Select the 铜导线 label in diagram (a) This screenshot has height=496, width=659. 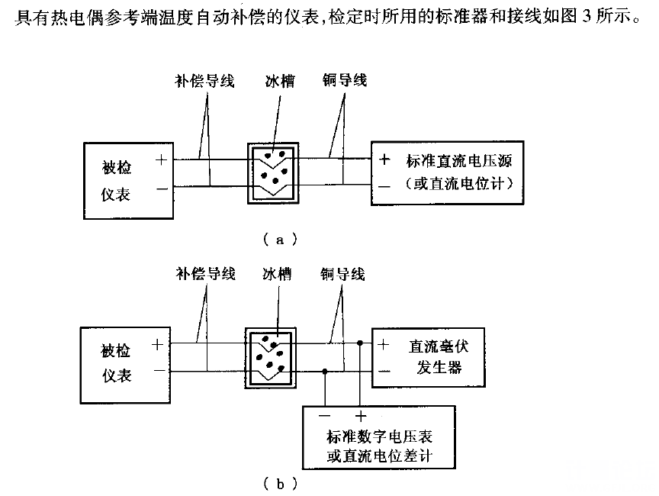344,79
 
